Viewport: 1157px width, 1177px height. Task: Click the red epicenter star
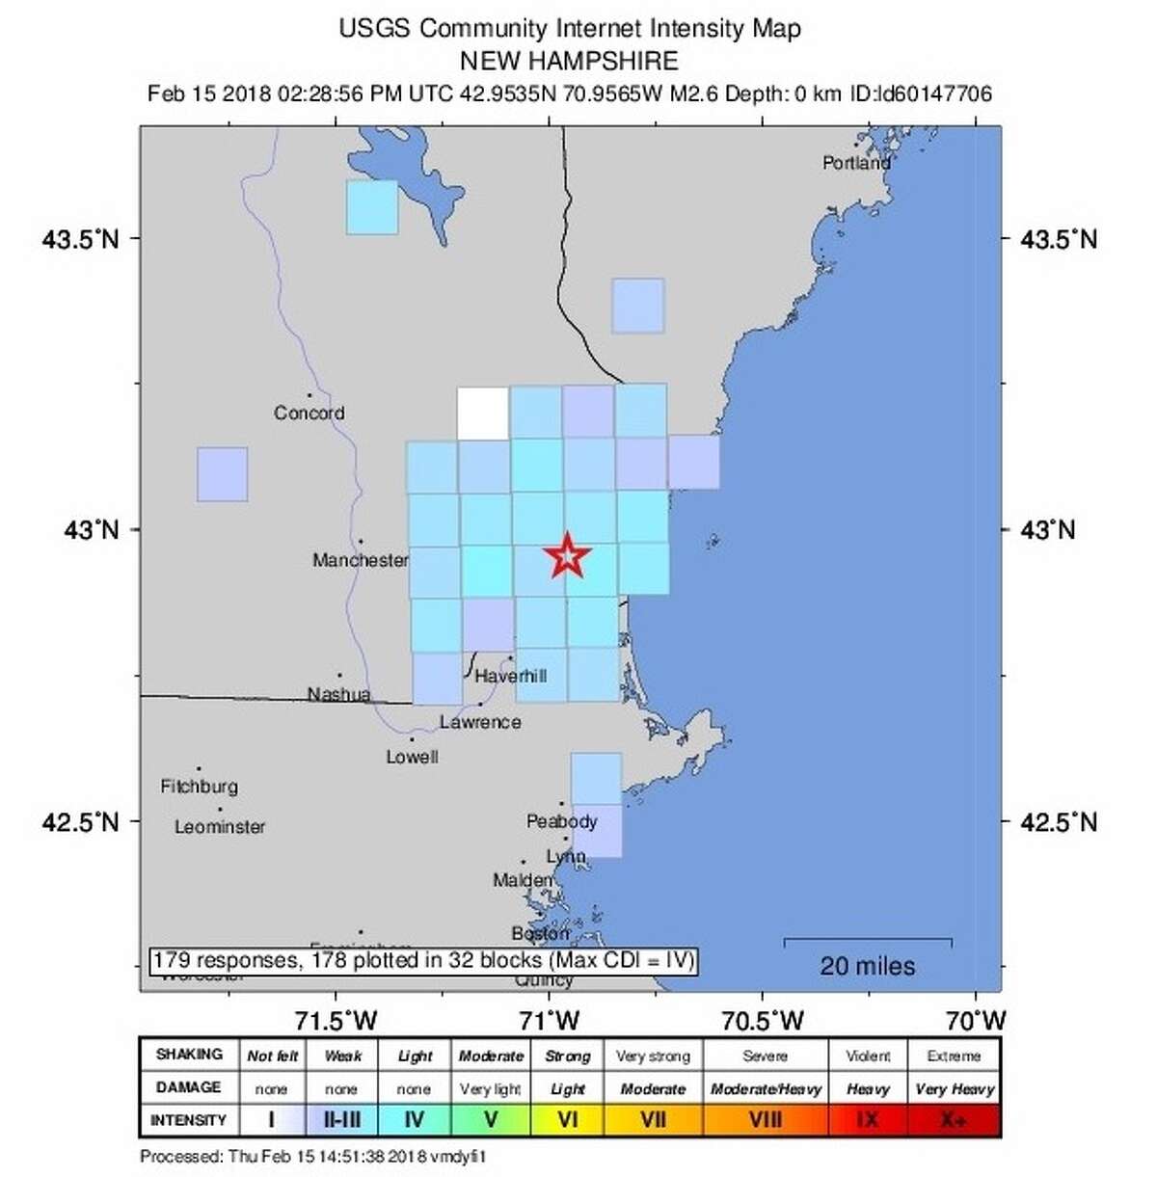click(567, 556)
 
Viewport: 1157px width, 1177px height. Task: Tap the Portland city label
click(856, 163)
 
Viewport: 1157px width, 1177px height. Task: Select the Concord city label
click(309, 413)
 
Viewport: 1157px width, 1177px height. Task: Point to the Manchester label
click(360, 560)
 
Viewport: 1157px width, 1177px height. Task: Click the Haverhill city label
click(510, 676)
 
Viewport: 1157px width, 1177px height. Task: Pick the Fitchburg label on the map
click(199, 787)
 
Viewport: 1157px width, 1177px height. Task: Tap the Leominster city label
click(220, 827)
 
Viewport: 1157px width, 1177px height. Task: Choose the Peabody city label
click(562, 821)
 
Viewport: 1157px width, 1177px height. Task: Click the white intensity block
click(482, 413)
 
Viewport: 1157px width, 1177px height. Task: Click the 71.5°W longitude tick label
click(336, 1019)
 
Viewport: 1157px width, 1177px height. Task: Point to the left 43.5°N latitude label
click(81, 239)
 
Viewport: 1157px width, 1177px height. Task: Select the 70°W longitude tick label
click(976, 1019)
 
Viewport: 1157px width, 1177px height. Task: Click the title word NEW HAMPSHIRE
click(569, 61)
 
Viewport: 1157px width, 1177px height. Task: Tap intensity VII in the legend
click(653, 1120)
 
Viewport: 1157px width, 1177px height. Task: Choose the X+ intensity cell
click(954, 1120)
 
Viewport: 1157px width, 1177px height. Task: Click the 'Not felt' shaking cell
click(272, 1056)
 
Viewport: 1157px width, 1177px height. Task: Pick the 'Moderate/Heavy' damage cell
click(766, 1088)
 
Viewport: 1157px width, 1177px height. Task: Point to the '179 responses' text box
click(423, 961)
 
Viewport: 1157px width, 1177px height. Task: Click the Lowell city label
click(412, 758)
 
